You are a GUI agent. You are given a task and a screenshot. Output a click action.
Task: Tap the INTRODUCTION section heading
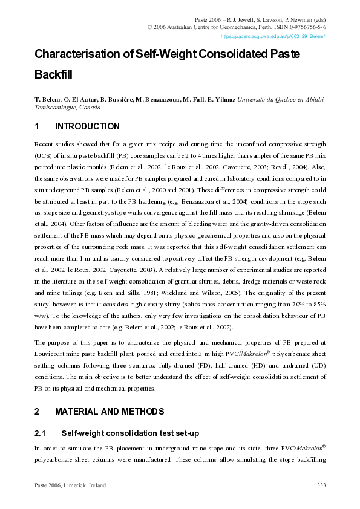point(87,126)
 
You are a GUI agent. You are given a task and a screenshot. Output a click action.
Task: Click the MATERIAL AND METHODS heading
point(109,412)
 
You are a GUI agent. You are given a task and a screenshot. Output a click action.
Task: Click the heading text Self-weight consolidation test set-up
point(130,433)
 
